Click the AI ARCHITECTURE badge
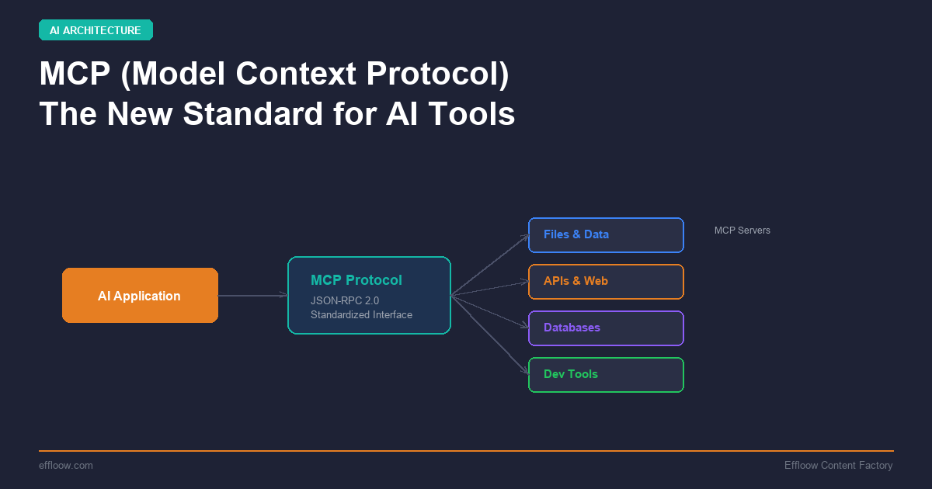(x=96, y=30)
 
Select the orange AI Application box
(x=140, y=296)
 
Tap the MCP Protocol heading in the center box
(x=356, y=280)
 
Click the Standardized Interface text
(x=361, y=314)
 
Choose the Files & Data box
(x=606, y=235)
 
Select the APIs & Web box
(x=606, y=282)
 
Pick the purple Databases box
(x=606, y=328)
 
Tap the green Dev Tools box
(x=606, y=375)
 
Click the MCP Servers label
(x=742, y=231)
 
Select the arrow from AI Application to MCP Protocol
(x=252, y=296)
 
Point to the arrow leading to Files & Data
(x=489, y=265)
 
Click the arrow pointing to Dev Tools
(x=489, y=334)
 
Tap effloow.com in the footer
(x=66, y=465)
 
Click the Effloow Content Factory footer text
(x=838, y=465)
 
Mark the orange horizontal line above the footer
(x=466, y=451)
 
